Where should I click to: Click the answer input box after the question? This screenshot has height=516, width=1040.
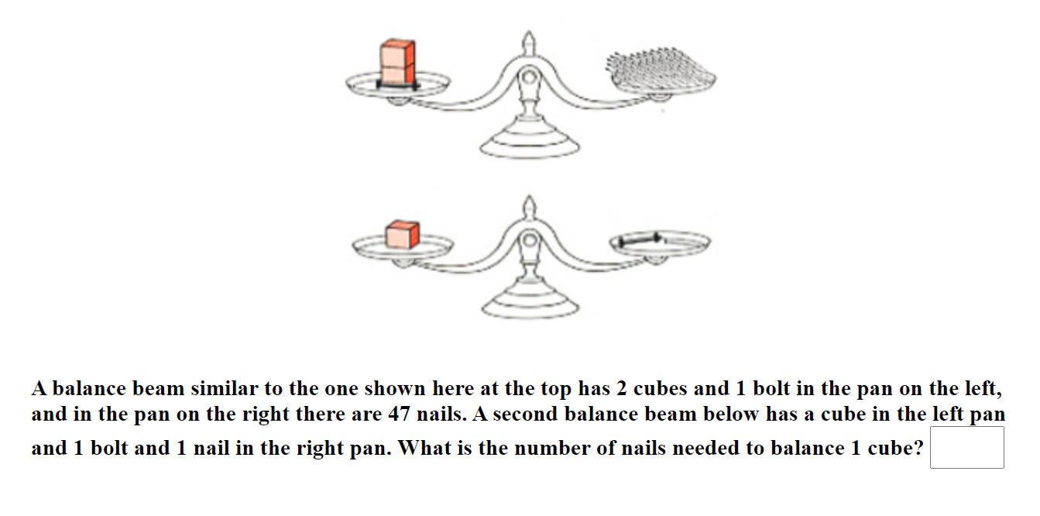click(x=966, y=448)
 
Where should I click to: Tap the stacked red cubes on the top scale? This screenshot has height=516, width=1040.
click(x=396, y=62)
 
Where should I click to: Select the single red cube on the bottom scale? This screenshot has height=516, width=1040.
click(x=402, y=235)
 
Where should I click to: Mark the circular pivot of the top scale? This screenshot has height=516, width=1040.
click(x=529, y=77)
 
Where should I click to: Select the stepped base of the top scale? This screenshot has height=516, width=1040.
click(x=529, y=143)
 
